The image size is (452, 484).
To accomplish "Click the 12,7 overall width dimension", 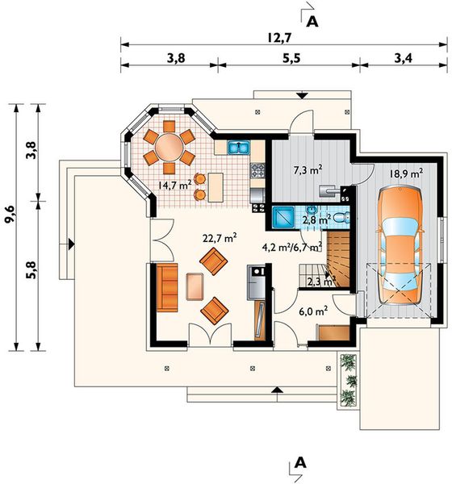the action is click(279, 38).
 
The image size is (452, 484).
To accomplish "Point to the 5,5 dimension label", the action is click(291, 58).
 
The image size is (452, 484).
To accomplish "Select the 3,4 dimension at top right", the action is click(404, 58).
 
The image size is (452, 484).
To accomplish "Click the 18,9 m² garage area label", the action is click(406, 173).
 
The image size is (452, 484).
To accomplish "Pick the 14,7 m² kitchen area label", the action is click(174, 185).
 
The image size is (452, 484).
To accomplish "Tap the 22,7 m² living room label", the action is click(220, 238).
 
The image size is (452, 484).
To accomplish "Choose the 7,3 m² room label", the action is click(308, 169).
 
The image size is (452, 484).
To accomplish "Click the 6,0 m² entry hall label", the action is click(313, 311).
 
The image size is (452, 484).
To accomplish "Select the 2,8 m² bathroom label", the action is click(316, 220).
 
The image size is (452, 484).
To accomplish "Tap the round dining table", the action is click(169, 148).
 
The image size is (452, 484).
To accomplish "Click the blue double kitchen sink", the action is click(239, 148).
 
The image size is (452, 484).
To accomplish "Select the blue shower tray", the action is click(283, 217).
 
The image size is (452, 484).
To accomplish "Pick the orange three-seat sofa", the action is click(167, 287).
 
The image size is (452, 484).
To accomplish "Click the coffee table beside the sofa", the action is click(195, 286).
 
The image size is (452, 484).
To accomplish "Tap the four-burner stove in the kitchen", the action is click(257, 170).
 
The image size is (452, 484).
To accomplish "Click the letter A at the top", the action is click(312, 22).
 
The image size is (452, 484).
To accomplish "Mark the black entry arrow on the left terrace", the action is click(71, 244).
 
